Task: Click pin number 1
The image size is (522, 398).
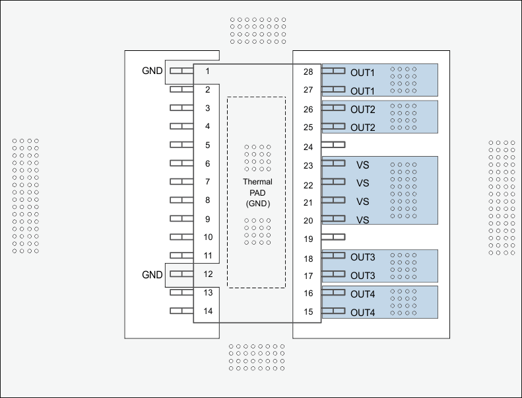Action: point(207,71)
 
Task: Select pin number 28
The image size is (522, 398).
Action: point(308,72)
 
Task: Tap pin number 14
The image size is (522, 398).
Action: point(207,311)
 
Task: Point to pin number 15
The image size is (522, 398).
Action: point(308,311)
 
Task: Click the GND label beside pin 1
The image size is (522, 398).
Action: point(152,71)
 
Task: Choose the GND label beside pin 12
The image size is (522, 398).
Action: point(152,274)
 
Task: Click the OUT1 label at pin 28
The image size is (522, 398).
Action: point(362,73)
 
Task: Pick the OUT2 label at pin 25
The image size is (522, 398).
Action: point(362,128)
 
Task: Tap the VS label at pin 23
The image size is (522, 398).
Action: point(362,165)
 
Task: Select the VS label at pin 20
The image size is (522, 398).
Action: point(362,220)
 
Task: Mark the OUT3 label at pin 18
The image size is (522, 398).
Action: point(362,257)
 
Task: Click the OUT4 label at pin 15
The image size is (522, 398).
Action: point(362,312)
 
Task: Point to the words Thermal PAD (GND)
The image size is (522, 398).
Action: point(257,192)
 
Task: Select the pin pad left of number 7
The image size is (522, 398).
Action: point(181,182)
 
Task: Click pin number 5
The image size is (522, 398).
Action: point(207,145)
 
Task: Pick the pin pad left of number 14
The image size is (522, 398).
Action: point(181,311)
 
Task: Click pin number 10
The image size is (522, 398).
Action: point(207,237)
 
